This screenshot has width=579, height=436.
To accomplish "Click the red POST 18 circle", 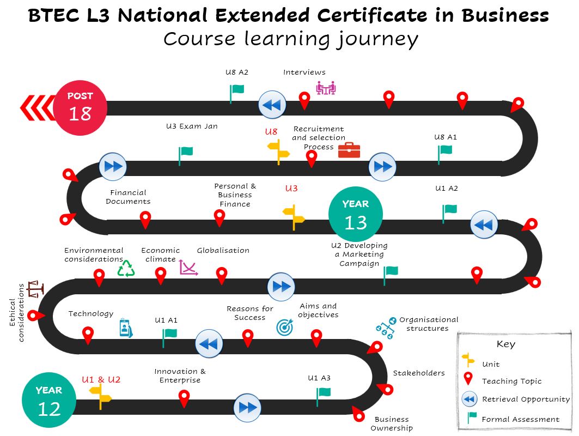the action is click(x=80, y=108).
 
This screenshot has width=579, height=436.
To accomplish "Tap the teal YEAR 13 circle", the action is click(x=355, y=214).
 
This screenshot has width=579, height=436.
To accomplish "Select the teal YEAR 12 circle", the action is click(x=49, y=400).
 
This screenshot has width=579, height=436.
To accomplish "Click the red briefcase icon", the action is click(x=349, y=150).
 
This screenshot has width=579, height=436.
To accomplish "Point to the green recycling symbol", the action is click(x=126, y=268).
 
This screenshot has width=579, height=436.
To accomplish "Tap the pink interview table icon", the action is click(x=326, y=88).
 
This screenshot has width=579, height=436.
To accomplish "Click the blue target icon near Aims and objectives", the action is click(x=285, y=327).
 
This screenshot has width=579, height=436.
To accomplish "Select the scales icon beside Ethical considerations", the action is click(x=36, y=289).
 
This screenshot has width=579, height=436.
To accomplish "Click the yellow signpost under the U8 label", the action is click(x=278, y=152).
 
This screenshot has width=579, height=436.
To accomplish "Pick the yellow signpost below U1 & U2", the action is click(x=100, y=396).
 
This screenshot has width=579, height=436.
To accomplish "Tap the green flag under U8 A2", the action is click(x=236, y=94).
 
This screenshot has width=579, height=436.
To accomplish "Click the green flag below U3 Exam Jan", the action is click(x=185, y=156).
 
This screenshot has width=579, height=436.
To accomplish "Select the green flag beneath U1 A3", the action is click(x=323, y=397).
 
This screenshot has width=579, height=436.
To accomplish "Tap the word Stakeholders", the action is click(x=419, y=373).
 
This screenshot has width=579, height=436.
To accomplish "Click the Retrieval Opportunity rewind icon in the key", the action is click(x=469, y=399).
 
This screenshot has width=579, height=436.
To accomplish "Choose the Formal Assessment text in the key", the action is click(x=520, y=419).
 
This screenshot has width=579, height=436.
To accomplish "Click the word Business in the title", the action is click(x=505, y=15).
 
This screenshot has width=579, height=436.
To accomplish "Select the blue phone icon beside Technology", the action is click(x=126, y=328).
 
